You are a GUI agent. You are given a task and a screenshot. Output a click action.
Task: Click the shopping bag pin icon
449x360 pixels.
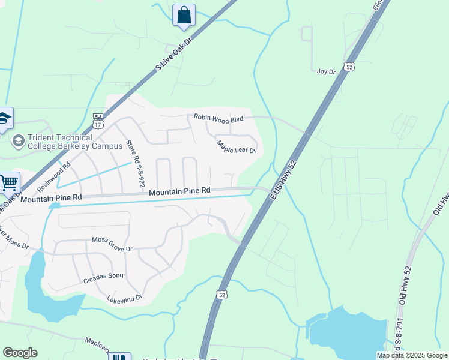tap(184, 16)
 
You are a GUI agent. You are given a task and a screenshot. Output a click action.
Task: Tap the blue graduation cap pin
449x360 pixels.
tap(4, 119)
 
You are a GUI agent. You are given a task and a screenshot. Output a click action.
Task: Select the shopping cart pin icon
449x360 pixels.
tap(8, 182)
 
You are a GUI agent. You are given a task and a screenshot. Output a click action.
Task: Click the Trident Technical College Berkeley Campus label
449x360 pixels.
tap(59, 142)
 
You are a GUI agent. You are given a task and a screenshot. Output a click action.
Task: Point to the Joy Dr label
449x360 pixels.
tap(325, 71)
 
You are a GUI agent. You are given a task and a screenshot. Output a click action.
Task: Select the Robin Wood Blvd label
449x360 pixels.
tap(218, 119)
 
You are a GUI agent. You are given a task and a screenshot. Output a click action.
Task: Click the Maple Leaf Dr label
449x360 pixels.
tap(237, 146)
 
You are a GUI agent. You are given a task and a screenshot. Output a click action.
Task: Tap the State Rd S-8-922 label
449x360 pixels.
tap(135, 163)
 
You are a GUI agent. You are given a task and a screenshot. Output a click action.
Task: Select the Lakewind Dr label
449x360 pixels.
tap(124, 298)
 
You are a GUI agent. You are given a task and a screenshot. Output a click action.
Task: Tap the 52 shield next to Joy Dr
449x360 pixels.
tap(349, 67)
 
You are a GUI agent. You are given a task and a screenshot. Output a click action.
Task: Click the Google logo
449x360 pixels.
tap(20, 353)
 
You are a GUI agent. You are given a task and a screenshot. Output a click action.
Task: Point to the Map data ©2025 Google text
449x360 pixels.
tap(412, 355)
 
